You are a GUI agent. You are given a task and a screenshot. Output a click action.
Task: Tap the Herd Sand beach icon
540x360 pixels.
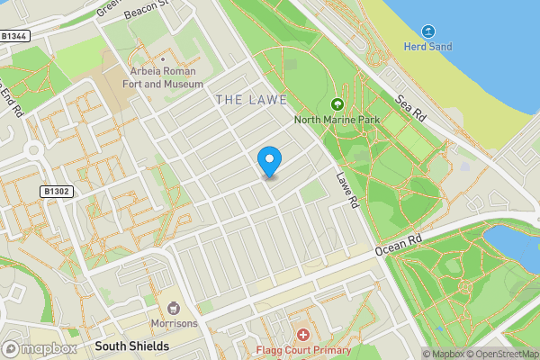(x=427, y=31)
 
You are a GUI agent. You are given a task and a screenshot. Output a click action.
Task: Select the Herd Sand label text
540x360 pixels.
(x=427, y=47)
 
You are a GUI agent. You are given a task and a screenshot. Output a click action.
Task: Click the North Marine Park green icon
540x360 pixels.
(x=337, y=104)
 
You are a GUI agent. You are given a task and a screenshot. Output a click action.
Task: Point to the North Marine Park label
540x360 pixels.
(x=337, y=120)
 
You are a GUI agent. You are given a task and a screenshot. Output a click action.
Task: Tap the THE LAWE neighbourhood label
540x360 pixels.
(x=251, y=98)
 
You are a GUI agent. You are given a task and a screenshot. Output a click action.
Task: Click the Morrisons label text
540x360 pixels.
(x=174, y=324)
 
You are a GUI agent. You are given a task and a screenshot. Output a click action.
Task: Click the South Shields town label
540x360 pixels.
(x=131, y=346)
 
